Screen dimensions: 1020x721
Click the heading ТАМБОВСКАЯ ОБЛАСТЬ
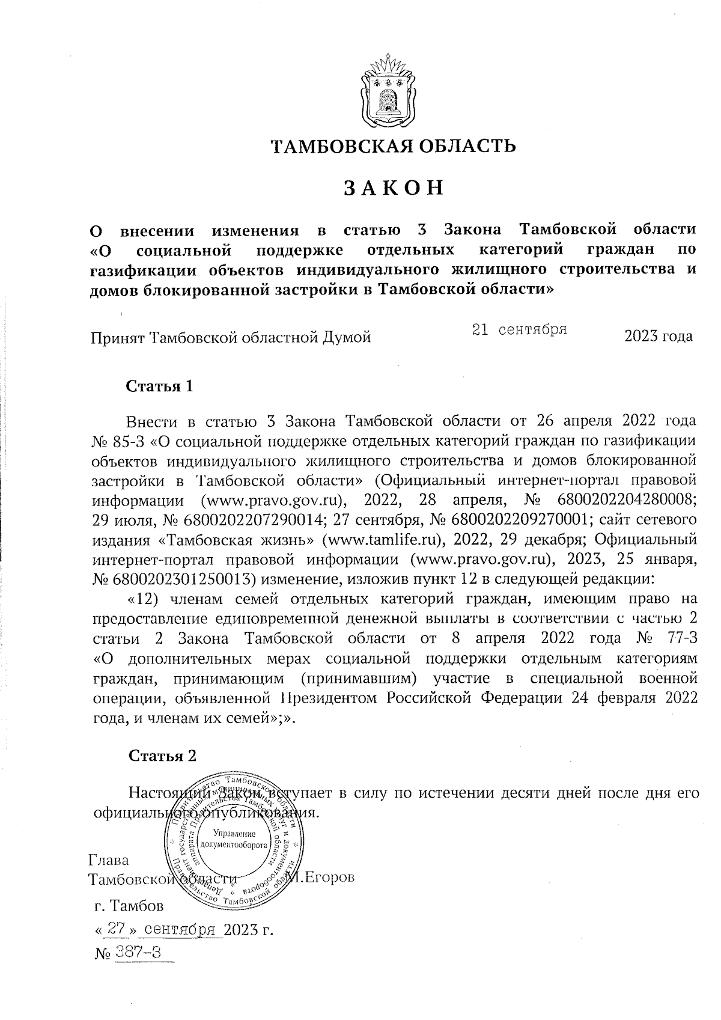click(x=394, y=145)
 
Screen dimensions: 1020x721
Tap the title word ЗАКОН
click(x=394, y=188)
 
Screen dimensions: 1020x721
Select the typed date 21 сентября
click(x=520, y=329)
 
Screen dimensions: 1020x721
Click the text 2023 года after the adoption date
click(x=659, y=337)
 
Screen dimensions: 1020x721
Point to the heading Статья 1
click(x=159, y=386)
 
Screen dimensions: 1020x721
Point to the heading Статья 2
click(x=163, y=756)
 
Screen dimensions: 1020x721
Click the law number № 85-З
click(x=118, y=441)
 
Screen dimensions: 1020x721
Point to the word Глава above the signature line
click(x=109, y=860)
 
